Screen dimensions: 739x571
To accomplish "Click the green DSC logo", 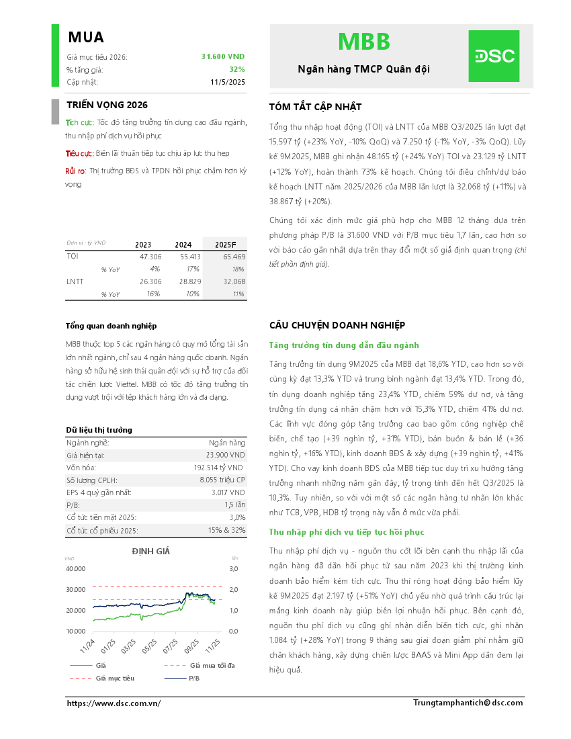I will (x=494, y=56).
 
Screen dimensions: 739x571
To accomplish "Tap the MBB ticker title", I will (x=363, y=42).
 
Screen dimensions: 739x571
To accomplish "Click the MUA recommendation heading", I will (x=86, y=38).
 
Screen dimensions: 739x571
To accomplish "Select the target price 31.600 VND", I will (x=223, y=57).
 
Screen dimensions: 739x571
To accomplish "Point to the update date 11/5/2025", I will (x=228, y=82).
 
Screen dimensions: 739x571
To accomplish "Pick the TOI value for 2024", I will (x=189, y=257).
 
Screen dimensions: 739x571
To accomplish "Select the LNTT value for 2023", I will (x=150, y=282).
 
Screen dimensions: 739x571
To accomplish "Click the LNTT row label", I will (x=75, y=282).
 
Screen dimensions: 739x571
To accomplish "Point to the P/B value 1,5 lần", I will (x=234, y=505).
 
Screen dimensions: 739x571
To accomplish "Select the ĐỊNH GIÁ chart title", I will (x=150, y=552).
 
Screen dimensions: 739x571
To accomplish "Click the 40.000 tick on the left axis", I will (x=75, y=569).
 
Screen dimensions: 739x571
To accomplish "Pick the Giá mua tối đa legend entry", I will (x=212, y=665).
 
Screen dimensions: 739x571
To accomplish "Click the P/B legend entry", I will (x=193, y=679).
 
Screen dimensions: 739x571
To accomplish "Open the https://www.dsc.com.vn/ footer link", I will (x=114, y=703).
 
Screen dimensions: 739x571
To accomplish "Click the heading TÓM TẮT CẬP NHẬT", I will (x=315, y=107).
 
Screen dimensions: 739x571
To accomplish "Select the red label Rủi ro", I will (x=75, y=171).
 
